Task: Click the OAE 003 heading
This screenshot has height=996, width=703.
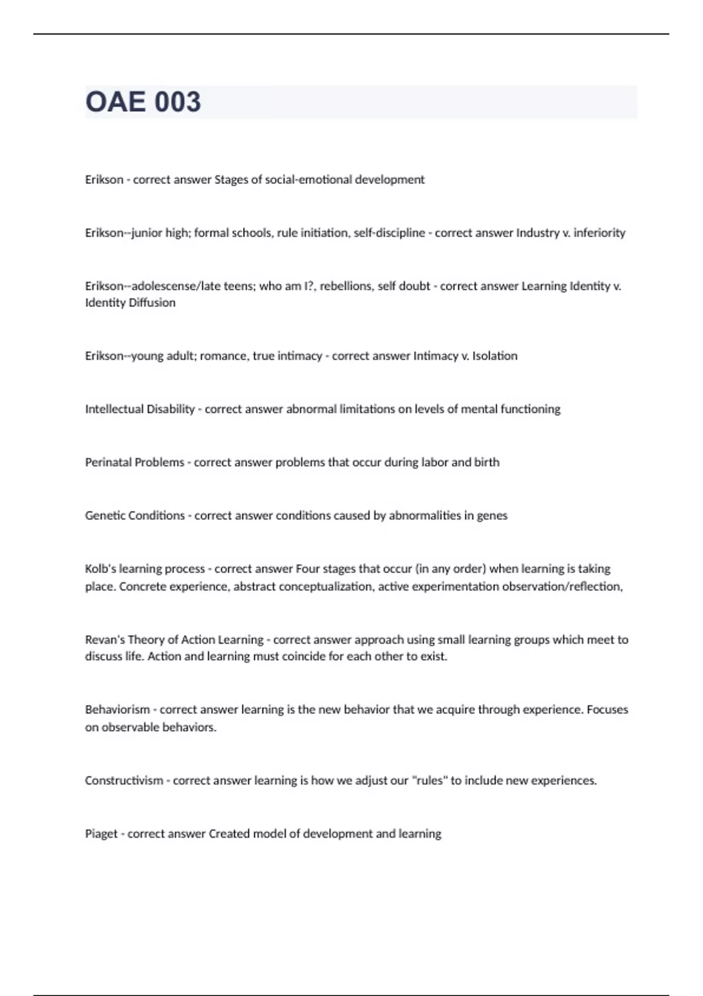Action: [x=143, y=102]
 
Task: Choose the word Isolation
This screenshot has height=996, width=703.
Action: [x=494, y=356]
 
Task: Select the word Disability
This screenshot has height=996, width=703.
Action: [x=170, y=410]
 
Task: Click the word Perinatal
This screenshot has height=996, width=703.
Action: [x=108, y=462]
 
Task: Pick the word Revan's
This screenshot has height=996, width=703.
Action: [x=104, y=640]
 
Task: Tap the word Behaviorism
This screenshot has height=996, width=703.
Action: [x=117, y=710]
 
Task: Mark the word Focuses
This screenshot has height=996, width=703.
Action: [x=608, y=710]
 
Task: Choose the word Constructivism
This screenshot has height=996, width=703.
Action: [x=124, y=781]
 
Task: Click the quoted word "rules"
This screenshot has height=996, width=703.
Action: [x=429, y=781]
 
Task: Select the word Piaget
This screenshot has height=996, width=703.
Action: [x=101, y=834]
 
